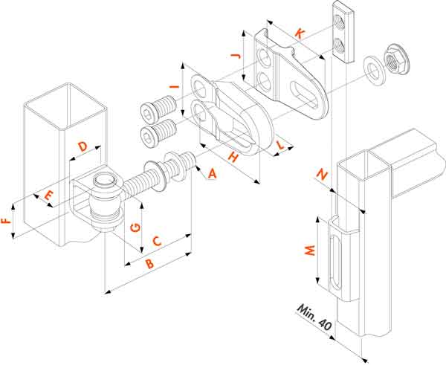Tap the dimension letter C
pos(158,240)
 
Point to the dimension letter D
pos(83,146)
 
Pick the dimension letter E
pos(48,197)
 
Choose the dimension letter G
pos(135,226)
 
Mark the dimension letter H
pos(232,157)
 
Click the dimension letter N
pos(322,175)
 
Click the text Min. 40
pos(314,317)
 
